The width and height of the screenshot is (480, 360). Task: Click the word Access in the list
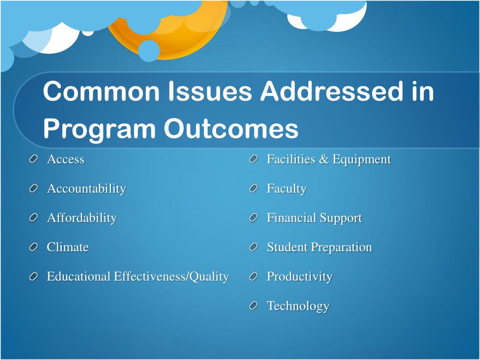pyautogui.click(x=66, y=159)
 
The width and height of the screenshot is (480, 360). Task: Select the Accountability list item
pyautogui.click(x=86, y=188)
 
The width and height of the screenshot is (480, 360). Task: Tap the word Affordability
pyautogui.click(x=82, y=218)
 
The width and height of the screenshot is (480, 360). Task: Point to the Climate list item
pyautogui.click(x=67, y=247)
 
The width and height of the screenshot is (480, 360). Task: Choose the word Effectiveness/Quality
pyautogui.click(x=172, y=277)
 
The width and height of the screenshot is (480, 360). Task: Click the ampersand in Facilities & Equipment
pyautogui.click(x=323, y=159)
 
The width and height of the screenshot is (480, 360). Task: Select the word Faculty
pyautogui.click(x=286, y=188)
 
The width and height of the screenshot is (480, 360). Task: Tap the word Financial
pyautogui.click(x=292, y=217)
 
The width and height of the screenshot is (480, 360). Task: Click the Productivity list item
pyautogui.click(x=300, y=277)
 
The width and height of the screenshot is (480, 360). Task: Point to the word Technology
pyautogui.click(x=298, y=306)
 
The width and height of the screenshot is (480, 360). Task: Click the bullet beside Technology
pyautogui.click(x=254, y=306)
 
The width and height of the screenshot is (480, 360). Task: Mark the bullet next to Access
pyautogui.click(x=34, y=159)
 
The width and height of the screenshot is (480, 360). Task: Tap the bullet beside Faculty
pyautogui.click(x=254, y=188)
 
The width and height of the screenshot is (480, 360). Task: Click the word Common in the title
pyautogui.click(x=101, y=91)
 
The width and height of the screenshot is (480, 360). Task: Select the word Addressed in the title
pyautogui.click(x=332, y=91)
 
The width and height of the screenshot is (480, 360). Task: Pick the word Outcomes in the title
pyautogui.click(x=231, y=128)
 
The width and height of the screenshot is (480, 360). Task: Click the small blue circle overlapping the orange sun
pyautogui.click(x=149, y=51)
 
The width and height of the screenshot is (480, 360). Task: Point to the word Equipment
pyautogui.click(x=362, y=159)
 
